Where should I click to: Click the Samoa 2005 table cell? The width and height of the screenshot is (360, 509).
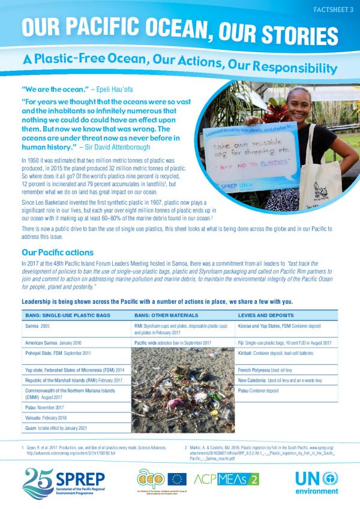tap(38, 325)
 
